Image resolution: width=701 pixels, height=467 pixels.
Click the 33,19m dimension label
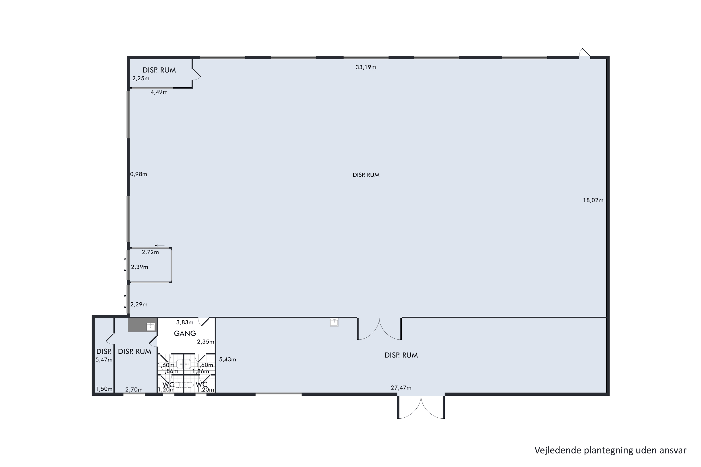point(366,67)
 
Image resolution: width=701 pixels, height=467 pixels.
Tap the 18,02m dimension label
point(593,200)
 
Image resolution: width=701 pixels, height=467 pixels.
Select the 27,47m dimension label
point(401,388)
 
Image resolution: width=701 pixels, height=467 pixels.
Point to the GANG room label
point(185,334)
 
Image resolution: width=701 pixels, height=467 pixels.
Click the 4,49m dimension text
point(159,92)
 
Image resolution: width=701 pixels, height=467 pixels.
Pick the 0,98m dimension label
point(139,174)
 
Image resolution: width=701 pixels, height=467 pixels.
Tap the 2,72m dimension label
point(150,252)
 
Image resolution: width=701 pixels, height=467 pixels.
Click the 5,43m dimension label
point(227,360)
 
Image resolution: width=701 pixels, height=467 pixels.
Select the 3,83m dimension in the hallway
point(185,322)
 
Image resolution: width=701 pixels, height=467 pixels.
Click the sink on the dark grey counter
point(151,327)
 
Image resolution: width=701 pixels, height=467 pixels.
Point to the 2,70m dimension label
point(134,389)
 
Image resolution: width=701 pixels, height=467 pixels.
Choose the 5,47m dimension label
point(104,360)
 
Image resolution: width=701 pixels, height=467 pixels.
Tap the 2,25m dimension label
point(141,79)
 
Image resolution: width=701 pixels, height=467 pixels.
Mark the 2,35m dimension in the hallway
point(206,342)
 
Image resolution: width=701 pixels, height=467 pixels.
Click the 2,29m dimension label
point(139,304)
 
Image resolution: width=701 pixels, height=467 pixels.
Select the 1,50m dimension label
point(104,389)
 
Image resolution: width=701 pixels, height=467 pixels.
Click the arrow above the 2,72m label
point(160,246)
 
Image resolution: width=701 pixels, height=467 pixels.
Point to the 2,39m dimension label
point(139,267)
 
